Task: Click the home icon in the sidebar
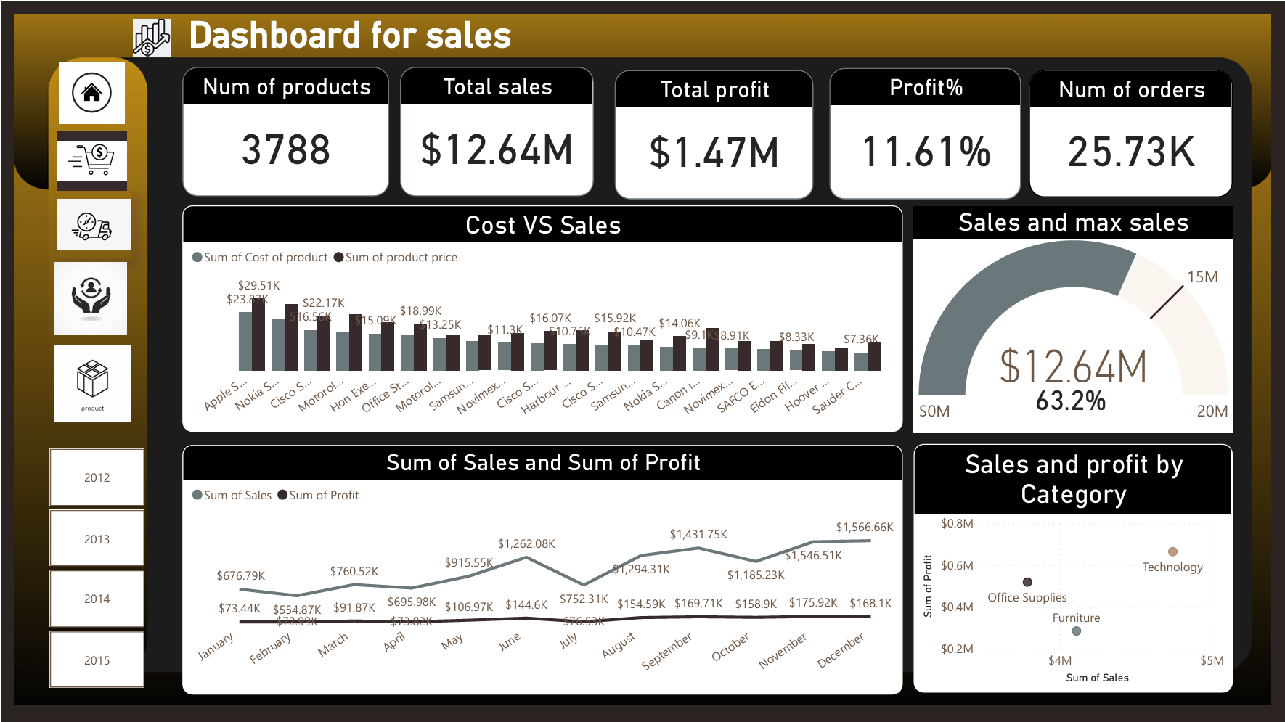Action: tap(91, 93)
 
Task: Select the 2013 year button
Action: tap(97, 539)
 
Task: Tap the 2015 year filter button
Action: tap(97, 660)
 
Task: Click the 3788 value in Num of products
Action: tap(285, 150)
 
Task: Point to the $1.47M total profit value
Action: tap(714, 153)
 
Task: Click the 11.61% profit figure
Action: tap(926, 152)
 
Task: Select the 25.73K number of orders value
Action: tap(1130, 152)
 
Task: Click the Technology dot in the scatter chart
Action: tap(1172, 551)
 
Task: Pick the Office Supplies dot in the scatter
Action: tap(1027, 582)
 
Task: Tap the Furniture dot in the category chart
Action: tap(1077, 631)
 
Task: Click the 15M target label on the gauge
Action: tap(1202, 277)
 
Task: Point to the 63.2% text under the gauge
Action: tap(1070, 401)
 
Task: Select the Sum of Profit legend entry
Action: tap(323, 496)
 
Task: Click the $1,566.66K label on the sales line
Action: tap(864, 528)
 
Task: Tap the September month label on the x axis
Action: tap(666, 651)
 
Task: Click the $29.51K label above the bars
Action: tap(258, 286)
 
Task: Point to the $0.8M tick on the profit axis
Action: tap(957, 524)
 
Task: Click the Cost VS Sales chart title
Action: tap(542, 226)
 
